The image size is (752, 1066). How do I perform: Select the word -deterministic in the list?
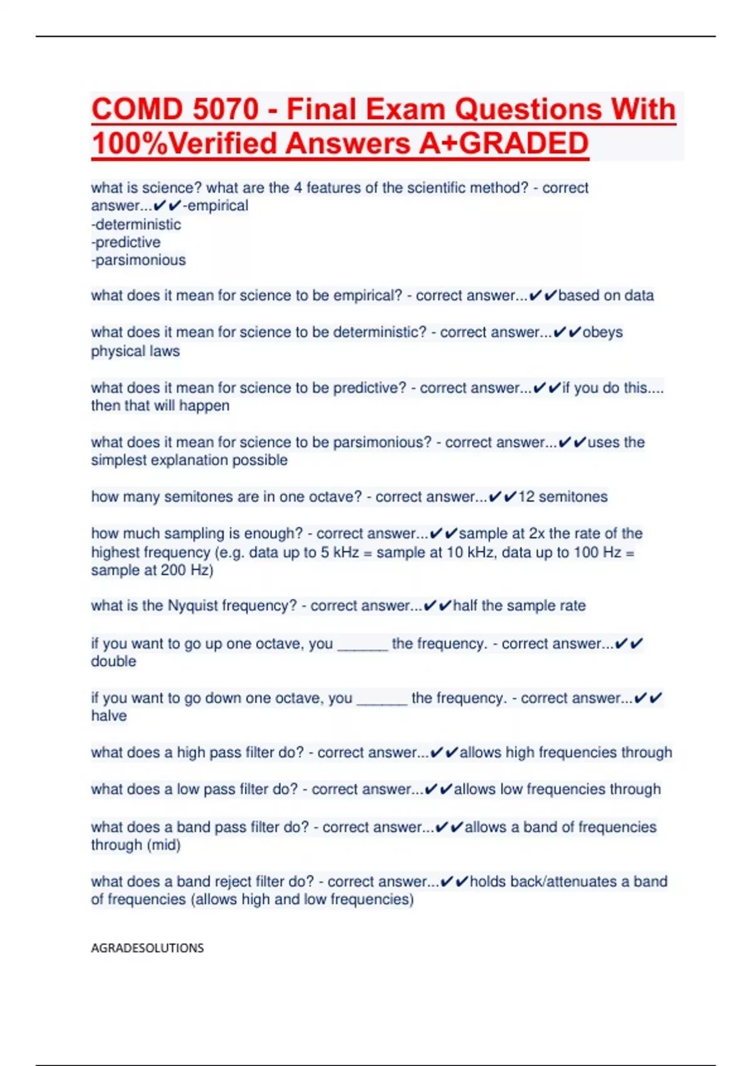coord(136,224)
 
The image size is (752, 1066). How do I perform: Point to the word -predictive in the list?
coord(126,242)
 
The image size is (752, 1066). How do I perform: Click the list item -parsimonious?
coord(138,260)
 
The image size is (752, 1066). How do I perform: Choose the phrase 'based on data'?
coord(606,295)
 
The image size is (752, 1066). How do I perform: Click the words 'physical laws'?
coord(135,351)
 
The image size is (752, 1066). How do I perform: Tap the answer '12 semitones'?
coord(563,497)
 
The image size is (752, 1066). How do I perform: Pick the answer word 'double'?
coord(113,662)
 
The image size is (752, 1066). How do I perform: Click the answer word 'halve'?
coord(109,716)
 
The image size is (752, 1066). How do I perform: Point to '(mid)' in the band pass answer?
coord(164,845)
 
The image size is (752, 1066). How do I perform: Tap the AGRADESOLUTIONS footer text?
coord(147,948)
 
